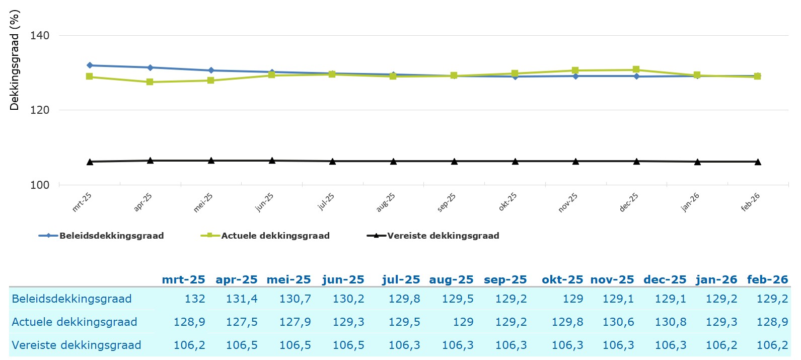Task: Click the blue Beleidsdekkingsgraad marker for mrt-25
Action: pyautogui.click(x=90, y=65)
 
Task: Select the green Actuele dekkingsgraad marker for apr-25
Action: pyautogui.click(x=150, y=82)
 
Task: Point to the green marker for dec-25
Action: pyautogui.click(x=636, y=70)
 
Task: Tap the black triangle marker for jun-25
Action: pyautogui.click(x=272, y=161)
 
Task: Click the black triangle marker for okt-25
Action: pyautogui.click(x=515, y=161)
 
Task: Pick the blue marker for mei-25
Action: pyautogui.click(x=211, y=70)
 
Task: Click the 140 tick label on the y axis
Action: pyautogui.click(x=40, y=35)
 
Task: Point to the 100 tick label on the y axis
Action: pyautogui.click(x=40, y=185)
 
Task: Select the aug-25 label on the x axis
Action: pyautogui.click(x=386, y=202)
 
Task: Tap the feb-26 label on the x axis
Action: pyautogui.click(x=751, y=202)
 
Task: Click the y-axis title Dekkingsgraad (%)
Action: pyautogui.click(x=15, y=60)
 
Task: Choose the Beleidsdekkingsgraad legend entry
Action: pyautogui.click(x=111, y=236)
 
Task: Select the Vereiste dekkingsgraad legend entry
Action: pyautogui.click(x=443, y=236)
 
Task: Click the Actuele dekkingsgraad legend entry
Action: pyautogui.click(x=275, y=236)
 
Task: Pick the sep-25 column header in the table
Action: pyautogui.click(x=505, y=279)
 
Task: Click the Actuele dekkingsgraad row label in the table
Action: pyautogui.click(x=75, y=322)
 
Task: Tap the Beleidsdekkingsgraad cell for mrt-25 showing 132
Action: pyautogui.click(x=195, y=299)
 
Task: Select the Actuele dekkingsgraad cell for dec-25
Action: pyautogui.click(x=670, y=322)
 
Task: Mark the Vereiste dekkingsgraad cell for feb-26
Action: pyautogui.click(x=772, y=345)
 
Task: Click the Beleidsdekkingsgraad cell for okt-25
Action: pyautogui.click(x=572, y=299)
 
